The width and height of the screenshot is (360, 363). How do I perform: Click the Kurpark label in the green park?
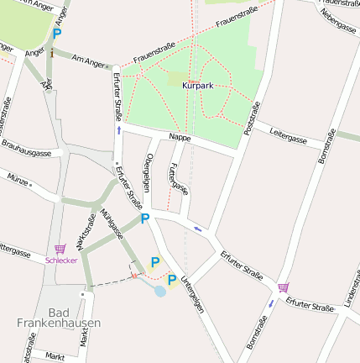(x=197, y=85)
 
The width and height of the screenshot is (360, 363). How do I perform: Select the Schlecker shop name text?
(x=61, y=260)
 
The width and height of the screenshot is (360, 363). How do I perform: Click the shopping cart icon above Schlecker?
(x=60, y=249)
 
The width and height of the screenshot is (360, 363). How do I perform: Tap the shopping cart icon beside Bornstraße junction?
(x=283, y=287)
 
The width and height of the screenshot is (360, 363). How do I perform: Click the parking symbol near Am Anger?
(x=56, y=34)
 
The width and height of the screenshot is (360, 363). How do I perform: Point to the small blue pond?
(x=159, y=292)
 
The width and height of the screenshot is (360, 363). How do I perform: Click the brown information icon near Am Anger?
(x=52, y=54)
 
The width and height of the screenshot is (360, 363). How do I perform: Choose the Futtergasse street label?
(x=178, y=177)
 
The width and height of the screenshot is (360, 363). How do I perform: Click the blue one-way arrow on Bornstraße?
(x=271, y=303)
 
